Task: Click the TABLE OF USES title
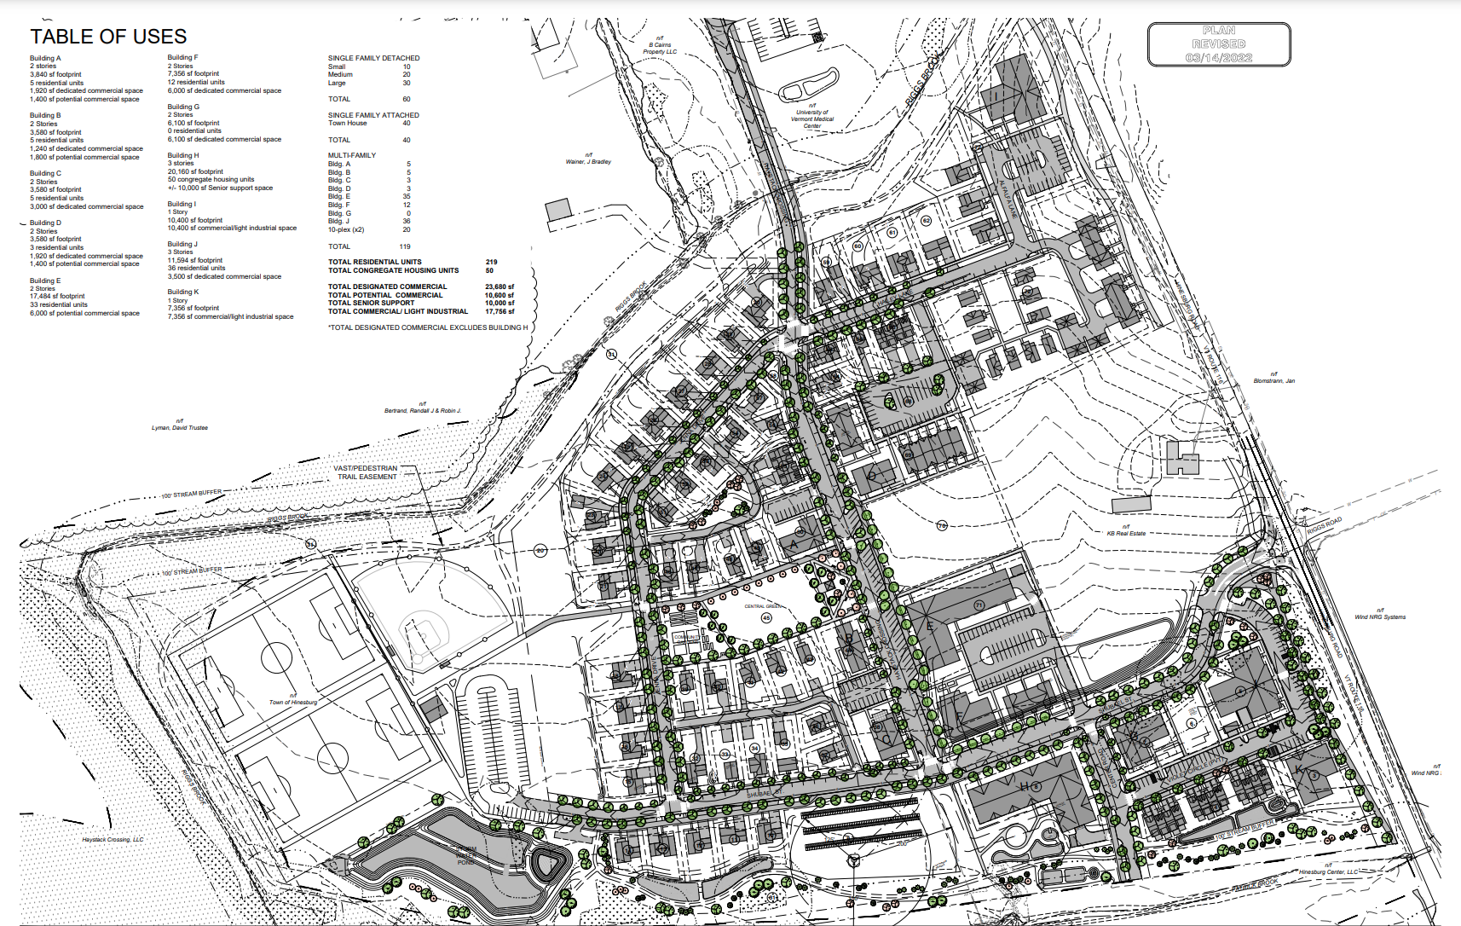[x=108, y=37]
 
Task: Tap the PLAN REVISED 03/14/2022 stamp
[x=1218, y=44]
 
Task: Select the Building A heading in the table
[x=45, y=58]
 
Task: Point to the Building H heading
[x=183, y=155]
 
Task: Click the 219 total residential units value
[x=491, y=262]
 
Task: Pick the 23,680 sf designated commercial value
[x=499, y=286]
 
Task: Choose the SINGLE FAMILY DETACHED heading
[x=373, y=58]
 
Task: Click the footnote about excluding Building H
[x=427, y=327]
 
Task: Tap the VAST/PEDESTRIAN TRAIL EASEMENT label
[x=367, y=472]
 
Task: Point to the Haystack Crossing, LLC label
[x=113, y=839]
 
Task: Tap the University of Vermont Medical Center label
[x=812, y=119]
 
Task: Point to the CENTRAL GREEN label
[x=762, y=606]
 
